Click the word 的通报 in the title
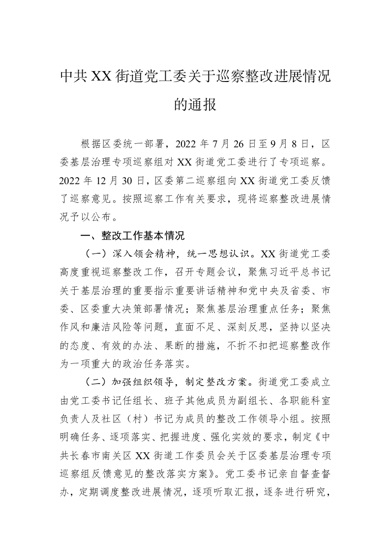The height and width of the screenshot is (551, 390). pos(195,104)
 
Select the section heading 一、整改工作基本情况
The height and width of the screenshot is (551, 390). pos(132,236)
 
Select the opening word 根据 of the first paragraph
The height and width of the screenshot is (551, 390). pos(90,144)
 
